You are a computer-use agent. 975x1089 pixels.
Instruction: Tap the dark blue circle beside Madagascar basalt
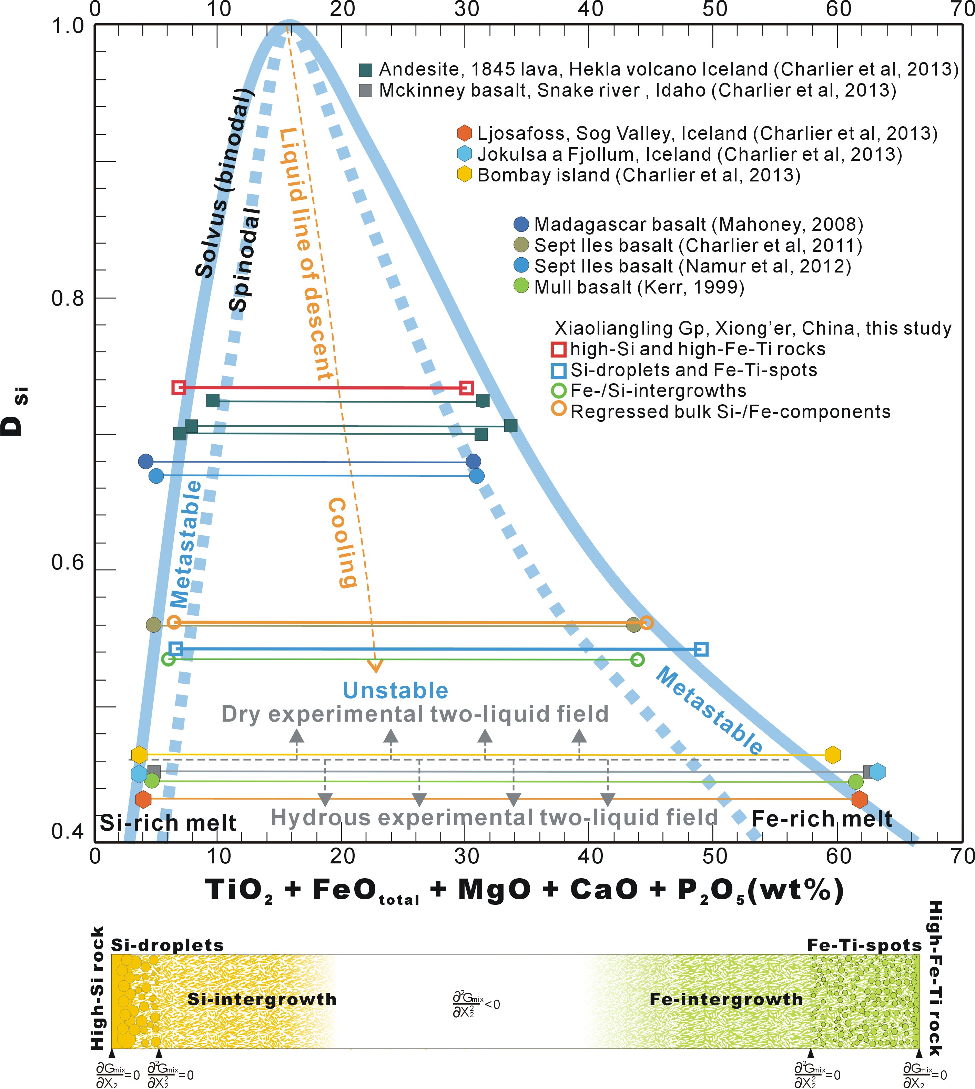521,224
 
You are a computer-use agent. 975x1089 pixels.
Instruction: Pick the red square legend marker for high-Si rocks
558,349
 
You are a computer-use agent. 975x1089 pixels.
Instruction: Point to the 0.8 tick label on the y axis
68,298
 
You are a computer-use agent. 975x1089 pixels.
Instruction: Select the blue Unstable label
395,691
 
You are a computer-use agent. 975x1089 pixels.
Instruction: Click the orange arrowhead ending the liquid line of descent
375,666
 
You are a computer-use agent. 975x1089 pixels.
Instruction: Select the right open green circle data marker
637,660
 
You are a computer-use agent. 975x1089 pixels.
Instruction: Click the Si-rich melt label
168,822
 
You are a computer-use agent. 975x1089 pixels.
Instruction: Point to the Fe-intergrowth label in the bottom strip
726,999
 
